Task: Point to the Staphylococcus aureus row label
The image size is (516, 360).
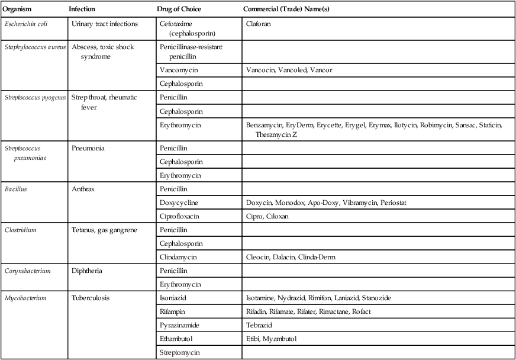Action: tap(35, 47)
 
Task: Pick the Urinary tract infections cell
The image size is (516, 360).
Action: tap(104, 24)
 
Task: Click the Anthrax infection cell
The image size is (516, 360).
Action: tap(83, 189)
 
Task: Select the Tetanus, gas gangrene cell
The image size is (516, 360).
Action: tap(104, 230)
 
